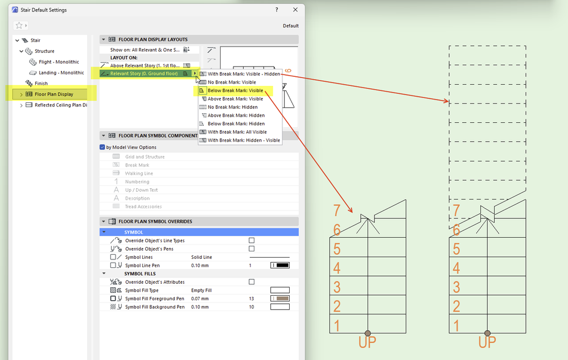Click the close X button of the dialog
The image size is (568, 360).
point(295,10)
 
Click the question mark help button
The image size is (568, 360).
point(277,10)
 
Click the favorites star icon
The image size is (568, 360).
point(19,26)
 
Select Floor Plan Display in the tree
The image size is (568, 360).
point(54,94)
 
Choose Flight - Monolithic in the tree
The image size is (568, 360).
point(59,62)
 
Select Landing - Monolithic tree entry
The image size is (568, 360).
point(61,73)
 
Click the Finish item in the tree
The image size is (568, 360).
point(41,84)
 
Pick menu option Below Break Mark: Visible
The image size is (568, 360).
point(235,90)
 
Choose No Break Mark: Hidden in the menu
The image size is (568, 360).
point(233,107)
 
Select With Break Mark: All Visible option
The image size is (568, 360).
point(237,132)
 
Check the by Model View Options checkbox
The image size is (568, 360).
point(102,147)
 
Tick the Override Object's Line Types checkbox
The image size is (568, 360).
point(252,241)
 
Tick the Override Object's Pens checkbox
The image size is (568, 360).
point(252,249)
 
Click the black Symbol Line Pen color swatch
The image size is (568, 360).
point(280,266)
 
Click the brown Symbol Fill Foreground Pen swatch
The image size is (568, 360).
point(280,299)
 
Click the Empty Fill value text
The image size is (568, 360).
point(201,291)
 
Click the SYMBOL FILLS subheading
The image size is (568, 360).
point(140,274)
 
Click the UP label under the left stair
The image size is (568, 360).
point(367,342)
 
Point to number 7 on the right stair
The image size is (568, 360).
point(456,210)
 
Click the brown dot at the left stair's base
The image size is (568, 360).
point(368,333)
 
